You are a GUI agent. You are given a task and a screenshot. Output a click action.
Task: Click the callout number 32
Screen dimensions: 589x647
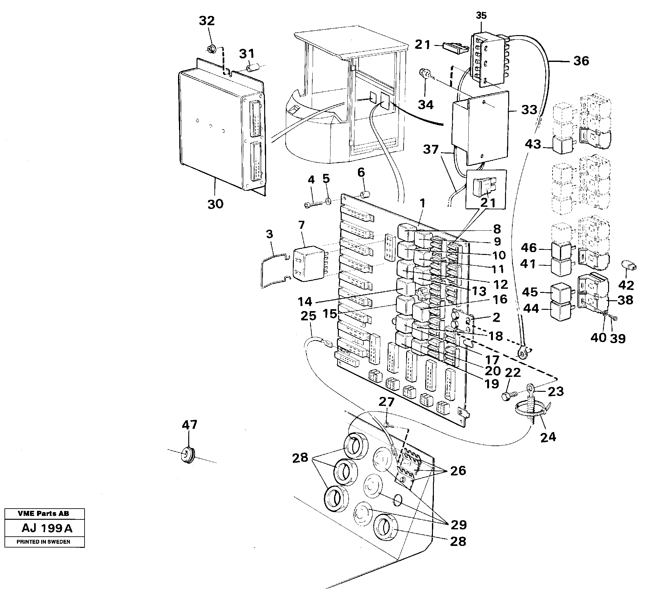[206, 21]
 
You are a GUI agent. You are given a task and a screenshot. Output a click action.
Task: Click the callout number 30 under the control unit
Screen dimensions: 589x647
[215, 204]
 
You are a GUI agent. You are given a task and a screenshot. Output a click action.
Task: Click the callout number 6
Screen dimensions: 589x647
[361, 173]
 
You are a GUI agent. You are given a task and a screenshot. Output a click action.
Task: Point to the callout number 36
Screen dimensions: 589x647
[581, 61]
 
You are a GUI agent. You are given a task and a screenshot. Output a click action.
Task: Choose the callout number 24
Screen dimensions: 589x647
[548, 437]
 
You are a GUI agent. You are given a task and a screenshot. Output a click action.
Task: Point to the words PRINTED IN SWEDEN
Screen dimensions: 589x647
[43, 542]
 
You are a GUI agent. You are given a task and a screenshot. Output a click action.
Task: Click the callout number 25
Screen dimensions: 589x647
[309, 316]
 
